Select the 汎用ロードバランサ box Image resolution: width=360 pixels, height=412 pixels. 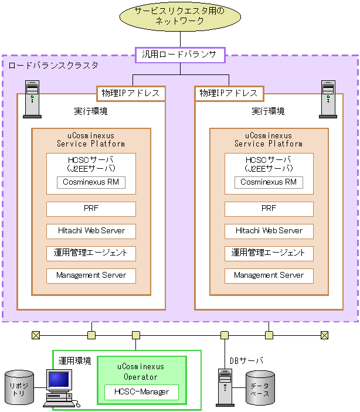180,55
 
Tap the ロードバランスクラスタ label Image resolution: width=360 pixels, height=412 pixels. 53,65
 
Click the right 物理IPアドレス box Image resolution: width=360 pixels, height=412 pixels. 229,93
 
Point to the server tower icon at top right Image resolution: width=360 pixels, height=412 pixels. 328,99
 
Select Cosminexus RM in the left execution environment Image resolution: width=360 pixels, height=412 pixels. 91,182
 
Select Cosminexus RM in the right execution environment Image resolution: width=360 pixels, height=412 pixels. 269,182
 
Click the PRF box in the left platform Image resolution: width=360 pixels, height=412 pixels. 91,209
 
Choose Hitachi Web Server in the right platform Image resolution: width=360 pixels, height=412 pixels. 269,231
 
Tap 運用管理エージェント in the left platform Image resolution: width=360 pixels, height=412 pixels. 91,253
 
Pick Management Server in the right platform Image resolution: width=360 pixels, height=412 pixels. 269,275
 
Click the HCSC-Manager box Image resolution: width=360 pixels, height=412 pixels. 141,392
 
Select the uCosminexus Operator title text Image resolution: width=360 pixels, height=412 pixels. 141,372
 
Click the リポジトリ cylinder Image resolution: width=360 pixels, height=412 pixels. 19,387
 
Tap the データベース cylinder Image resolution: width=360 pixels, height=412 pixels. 260,389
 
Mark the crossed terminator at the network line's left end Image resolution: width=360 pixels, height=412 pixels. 36,335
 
